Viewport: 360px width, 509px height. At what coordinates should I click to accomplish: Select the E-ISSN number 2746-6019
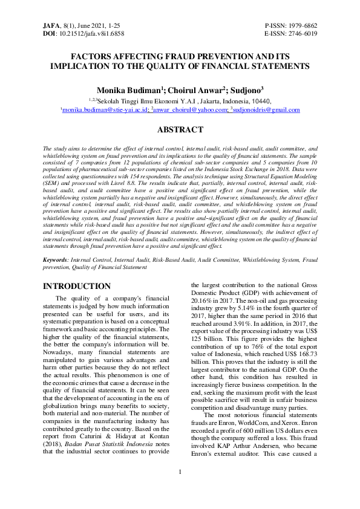[x=303, y=34]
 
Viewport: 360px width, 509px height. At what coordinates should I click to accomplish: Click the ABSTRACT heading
[x=180, y=129]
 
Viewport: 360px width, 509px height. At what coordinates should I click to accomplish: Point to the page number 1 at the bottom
[x=180, y=488]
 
